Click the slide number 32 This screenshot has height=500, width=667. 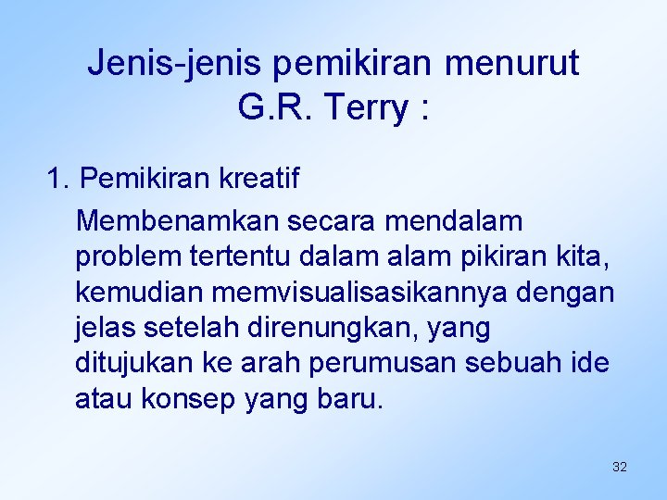coord(620,467)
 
